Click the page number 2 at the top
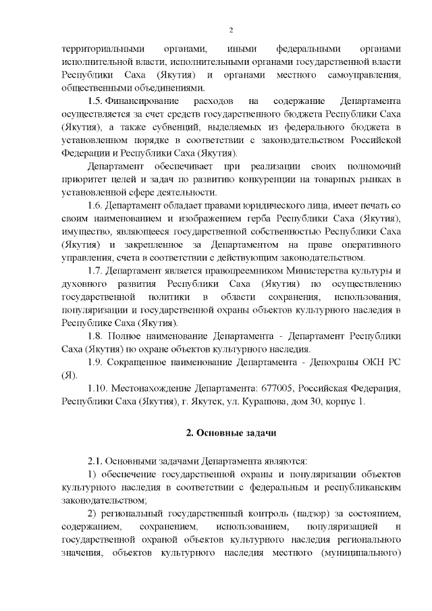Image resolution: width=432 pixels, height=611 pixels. click(x=231, y=30)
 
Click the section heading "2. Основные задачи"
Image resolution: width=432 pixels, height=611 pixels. click(x=231, y=431)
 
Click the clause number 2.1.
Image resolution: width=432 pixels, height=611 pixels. click(x=98, y=462)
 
